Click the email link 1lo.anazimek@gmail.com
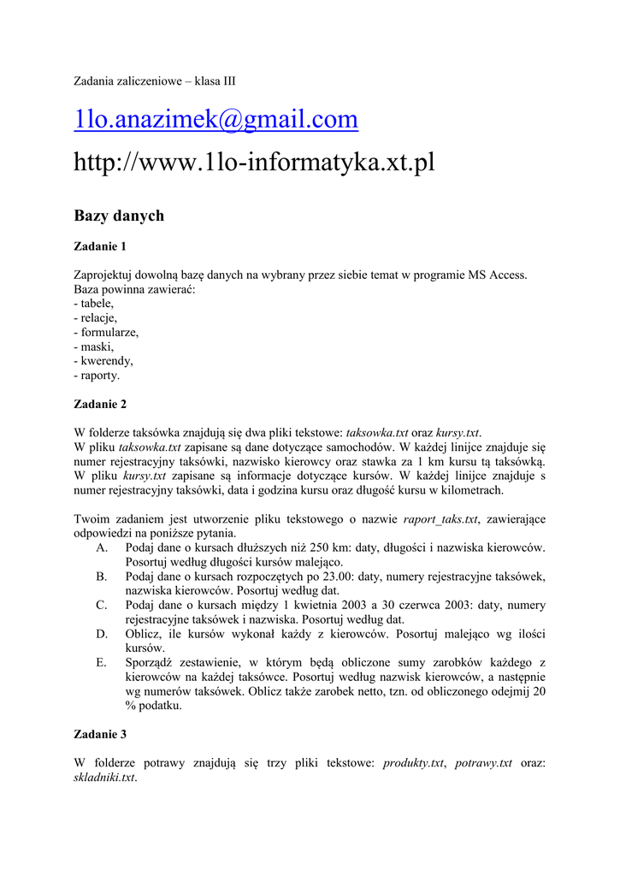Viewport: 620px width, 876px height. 216,121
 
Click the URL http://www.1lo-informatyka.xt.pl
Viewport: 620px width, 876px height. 254,162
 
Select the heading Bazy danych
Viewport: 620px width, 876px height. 119,216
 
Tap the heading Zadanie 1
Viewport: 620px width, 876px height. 100,246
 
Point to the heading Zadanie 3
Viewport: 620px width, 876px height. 100,734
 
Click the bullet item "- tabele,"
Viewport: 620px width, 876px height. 94,303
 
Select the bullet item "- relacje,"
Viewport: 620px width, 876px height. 96,317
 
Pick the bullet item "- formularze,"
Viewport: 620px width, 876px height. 106,332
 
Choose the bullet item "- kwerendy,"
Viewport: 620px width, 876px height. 103,361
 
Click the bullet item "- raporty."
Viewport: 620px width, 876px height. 97,376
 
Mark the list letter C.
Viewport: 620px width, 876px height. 102,606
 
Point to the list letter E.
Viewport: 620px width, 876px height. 102,663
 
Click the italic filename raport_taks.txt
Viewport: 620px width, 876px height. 440,518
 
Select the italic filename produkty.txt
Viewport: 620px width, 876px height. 414,763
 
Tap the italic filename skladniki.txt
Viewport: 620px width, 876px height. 105,778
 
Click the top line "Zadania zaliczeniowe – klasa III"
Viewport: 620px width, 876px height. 155,81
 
